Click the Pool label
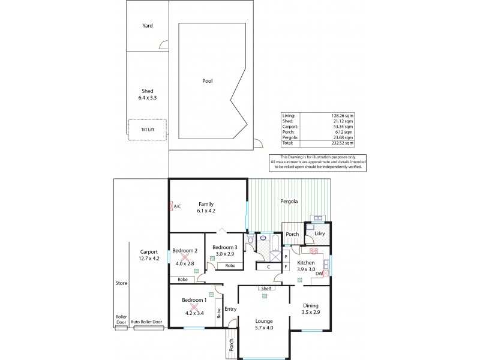tap(208, 81)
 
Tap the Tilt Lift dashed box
tap(147, 130)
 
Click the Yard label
tap(147, 26)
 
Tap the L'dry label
tap(320, 233)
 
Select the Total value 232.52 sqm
tap(344, 143)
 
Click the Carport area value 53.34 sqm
tap(344, 127)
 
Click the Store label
tap(121, 282)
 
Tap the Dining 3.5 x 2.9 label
tap(311, 309)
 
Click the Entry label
tap(230, 309)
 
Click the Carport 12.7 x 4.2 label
tap(149, 255)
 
